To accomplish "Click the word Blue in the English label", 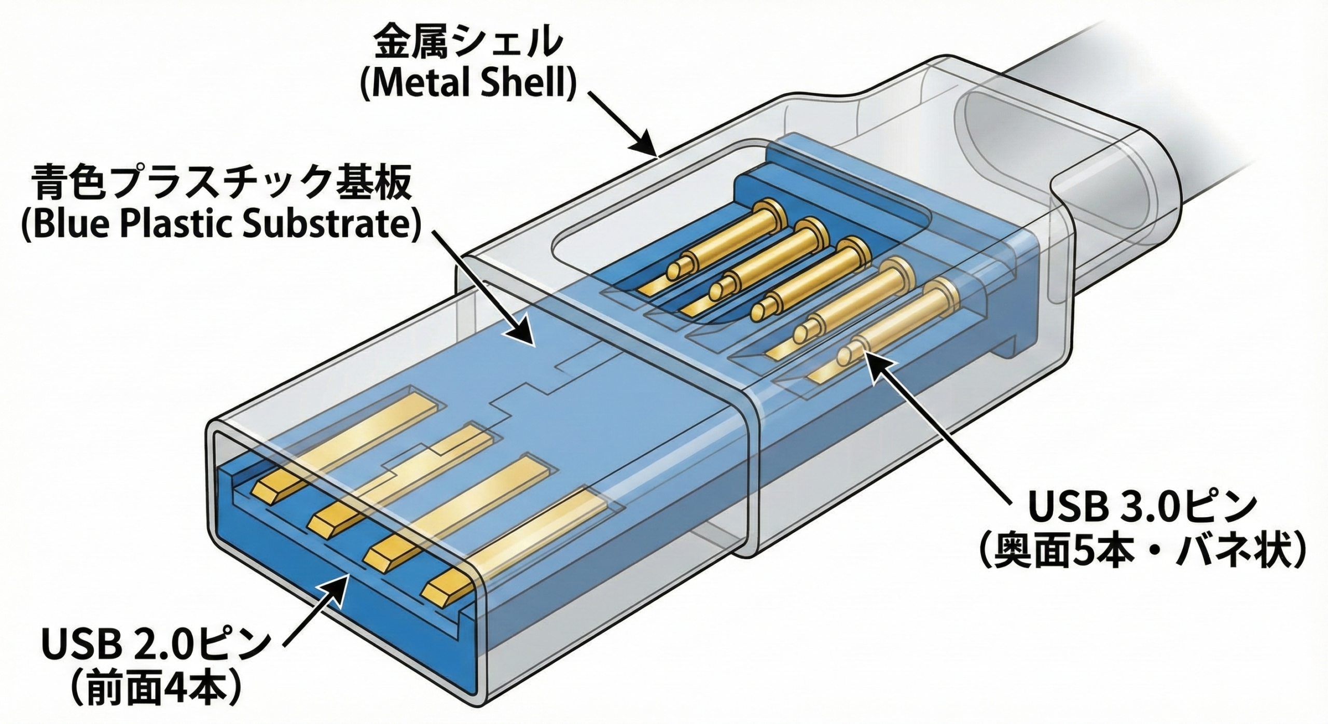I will point(73,225).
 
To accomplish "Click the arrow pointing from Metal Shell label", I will point(622,124).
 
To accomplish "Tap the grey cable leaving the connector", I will point(1193,104).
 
